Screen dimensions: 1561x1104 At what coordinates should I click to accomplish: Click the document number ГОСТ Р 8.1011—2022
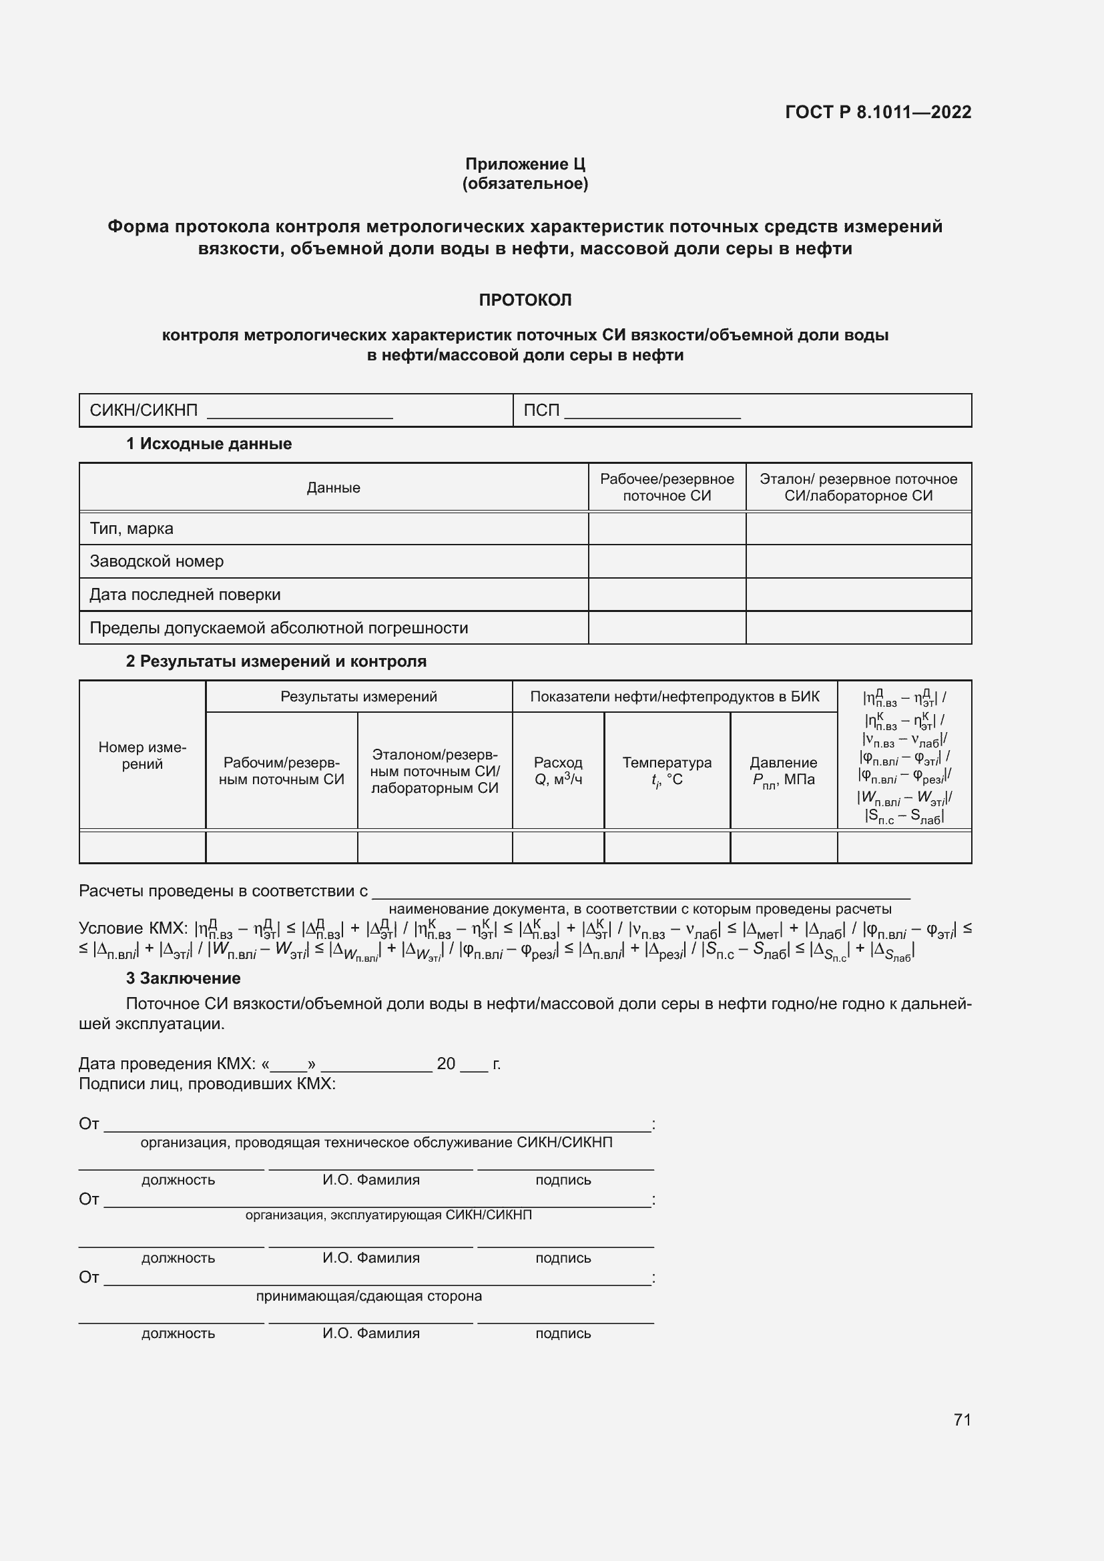(878, 112)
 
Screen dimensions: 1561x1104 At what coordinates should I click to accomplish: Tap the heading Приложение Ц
(525, 164)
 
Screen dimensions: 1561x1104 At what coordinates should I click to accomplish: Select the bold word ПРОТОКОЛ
(525, 300)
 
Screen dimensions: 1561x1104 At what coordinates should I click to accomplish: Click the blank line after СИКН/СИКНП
(299, 412)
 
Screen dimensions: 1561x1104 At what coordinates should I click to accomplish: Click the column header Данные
(333, 487)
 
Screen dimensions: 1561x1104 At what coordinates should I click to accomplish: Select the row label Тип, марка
(131, 529)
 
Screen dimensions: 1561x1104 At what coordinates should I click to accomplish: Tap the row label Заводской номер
(156, 561)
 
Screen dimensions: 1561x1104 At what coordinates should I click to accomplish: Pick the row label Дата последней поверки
(185, 595)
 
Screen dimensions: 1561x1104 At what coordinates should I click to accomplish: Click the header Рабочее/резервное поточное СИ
(666, 487)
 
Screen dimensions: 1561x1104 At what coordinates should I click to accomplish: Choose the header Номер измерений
(142, 755)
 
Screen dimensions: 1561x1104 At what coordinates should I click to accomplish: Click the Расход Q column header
(558, 771)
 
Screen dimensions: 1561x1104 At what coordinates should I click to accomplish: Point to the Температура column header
(666, 771)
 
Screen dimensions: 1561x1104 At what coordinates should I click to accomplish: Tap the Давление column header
(783, 771)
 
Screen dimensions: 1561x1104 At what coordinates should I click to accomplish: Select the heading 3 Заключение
(183, 978)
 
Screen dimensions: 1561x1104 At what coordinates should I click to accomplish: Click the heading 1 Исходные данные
(209, 444)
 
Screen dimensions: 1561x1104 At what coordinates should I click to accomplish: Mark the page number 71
(962, 1420)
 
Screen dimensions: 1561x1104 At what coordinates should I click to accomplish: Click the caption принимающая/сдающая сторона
(368, 1297)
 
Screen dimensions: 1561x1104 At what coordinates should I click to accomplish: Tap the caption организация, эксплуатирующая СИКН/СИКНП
(388, 1215)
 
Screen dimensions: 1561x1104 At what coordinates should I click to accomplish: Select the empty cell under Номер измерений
(142, 847)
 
